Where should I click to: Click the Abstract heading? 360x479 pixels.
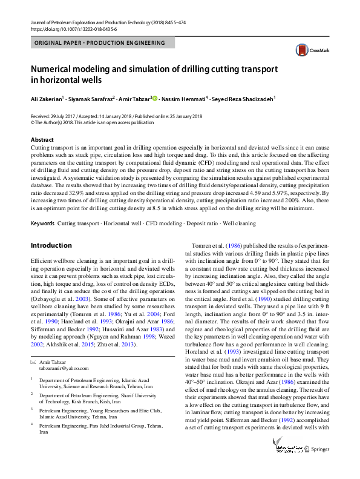pos(42,140)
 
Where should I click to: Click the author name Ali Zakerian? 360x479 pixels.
pos(48,98)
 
